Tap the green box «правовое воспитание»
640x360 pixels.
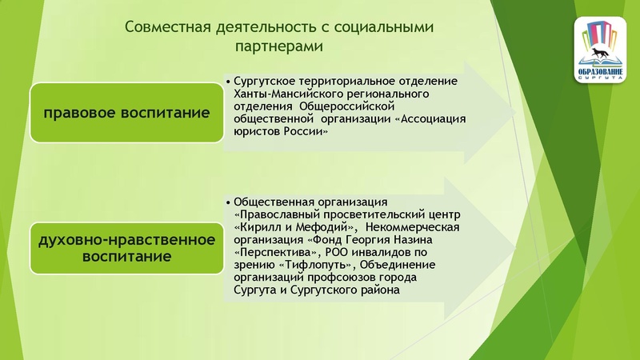[126, 113]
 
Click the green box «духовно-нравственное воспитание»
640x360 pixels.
[126, 248]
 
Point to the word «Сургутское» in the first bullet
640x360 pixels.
[267, 82]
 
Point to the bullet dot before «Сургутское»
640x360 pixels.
[229, 82]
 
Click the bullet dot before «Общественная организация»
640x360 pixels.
[229, 203]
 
